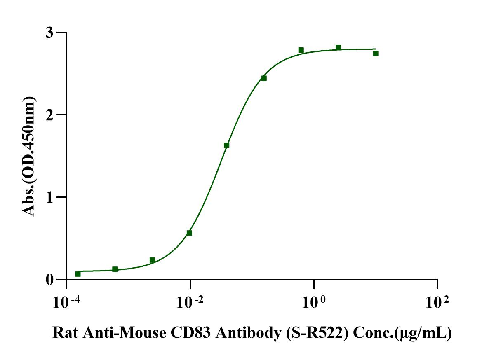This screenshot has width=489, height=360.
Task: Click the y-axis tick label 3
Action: pos(50,33)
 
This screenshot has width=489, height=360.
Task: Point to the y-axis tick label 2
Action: pos(50,115)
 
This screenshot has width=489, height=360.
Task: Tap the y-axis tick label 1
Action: pos(50,197)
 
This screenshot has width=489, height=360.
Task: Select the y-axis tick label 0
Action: pos(50,280)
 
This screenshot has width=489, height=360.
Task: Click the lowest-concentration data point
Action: pos(78,274)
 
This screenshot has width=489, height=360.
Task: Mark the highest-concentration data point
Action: pos(376,54)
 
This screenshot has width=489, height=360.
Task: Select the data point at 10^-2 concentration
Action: pos(189,233)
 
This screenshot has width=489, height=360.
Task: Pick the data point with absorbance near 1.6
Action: pos(227,145)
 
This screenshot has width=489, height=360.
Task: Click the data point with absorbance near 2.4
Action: pos(264,78)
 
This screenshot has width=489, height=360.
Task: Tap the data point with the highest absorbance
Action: pos(339,48)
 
